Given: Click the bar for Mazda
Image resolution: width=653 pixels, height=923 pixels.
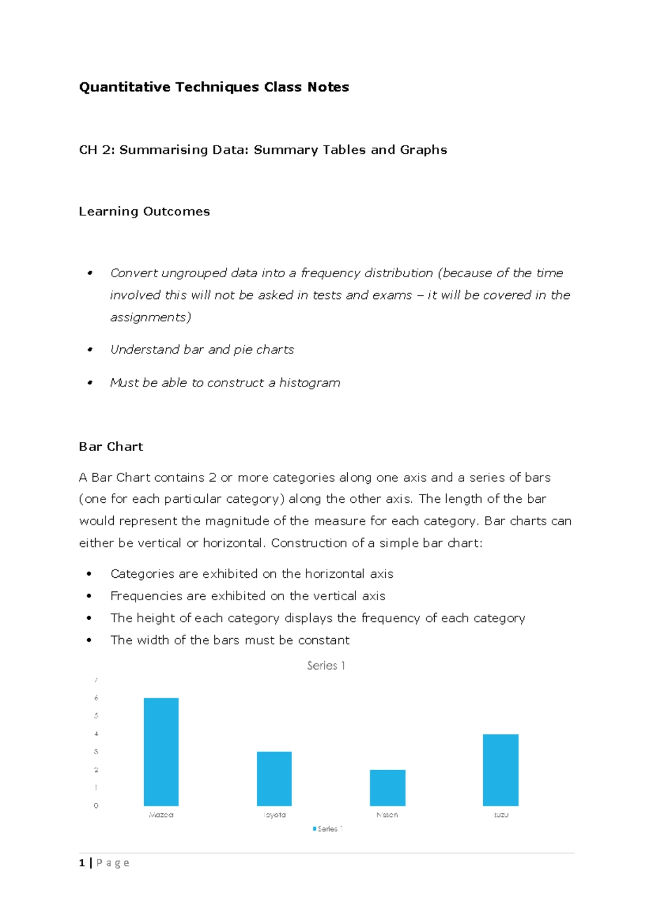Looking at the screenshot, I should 161,752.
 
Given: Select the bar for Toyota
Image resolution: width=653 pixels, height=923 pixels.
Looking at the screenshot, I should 274,778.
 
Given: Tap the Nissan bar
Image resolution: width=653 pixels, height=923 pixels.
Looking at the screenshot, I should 387,788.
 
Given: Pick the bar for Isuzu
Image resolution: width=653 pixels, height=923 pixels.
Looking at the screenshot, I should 501,770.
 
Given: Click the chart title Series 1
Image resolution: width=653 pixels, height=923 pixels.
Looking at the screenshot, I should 326,665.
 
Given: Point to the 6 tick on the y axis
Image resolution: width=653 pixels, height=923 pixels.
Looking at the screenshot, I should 96,698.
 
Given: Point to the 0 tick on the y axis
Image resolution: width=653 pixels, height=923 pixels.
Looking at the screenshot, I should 96,806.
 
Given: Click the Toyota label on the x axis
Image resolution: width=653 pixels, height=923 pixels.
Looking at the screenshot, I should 274,815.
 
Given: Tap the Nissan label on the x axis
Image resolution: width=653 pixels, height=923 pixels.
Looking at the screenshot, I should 387,815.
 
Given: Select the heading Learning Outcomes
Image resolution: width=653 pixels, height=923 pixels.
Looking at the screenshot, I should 144,211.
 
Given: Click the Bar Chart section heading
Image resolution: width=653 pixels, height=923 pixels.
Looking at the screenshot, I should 111,447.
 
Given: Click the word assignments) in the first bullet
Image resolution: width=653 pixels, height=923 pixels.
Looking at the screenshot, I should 151,317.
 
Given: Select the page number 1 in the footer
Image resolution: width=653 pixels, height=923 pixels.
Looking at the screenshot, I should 82,863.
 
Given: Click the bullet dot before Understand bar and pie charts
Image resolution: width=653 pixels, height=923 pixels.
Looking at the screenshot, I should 90,350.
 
